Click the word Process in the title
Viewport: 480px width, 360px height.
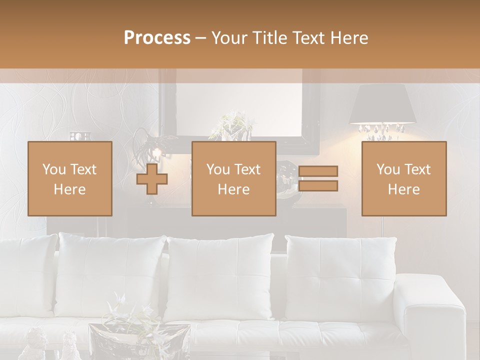pos(157,38)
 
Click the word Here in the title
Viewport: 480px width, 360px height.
pos(348,38)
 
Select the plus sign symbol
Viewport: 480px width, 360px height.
pos(152,179)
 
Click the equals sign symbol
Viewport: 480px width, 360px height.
pos(318,178)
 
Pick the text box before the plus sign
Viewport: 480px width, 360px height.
pos(69,178)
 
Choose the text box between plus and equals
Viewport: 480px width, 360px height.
pos(233,178)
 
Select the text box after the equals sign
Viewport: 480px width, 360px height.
pos(403,178)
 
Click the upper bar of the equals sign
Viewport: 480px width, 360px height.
pos(318,171)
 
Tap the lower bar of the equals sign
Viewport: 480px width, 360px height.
pos(318,186)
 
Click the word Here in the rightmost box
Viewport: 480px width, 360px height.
pos(403,189)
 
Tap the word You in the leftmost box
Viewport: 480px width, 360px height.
pos(53,169)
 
